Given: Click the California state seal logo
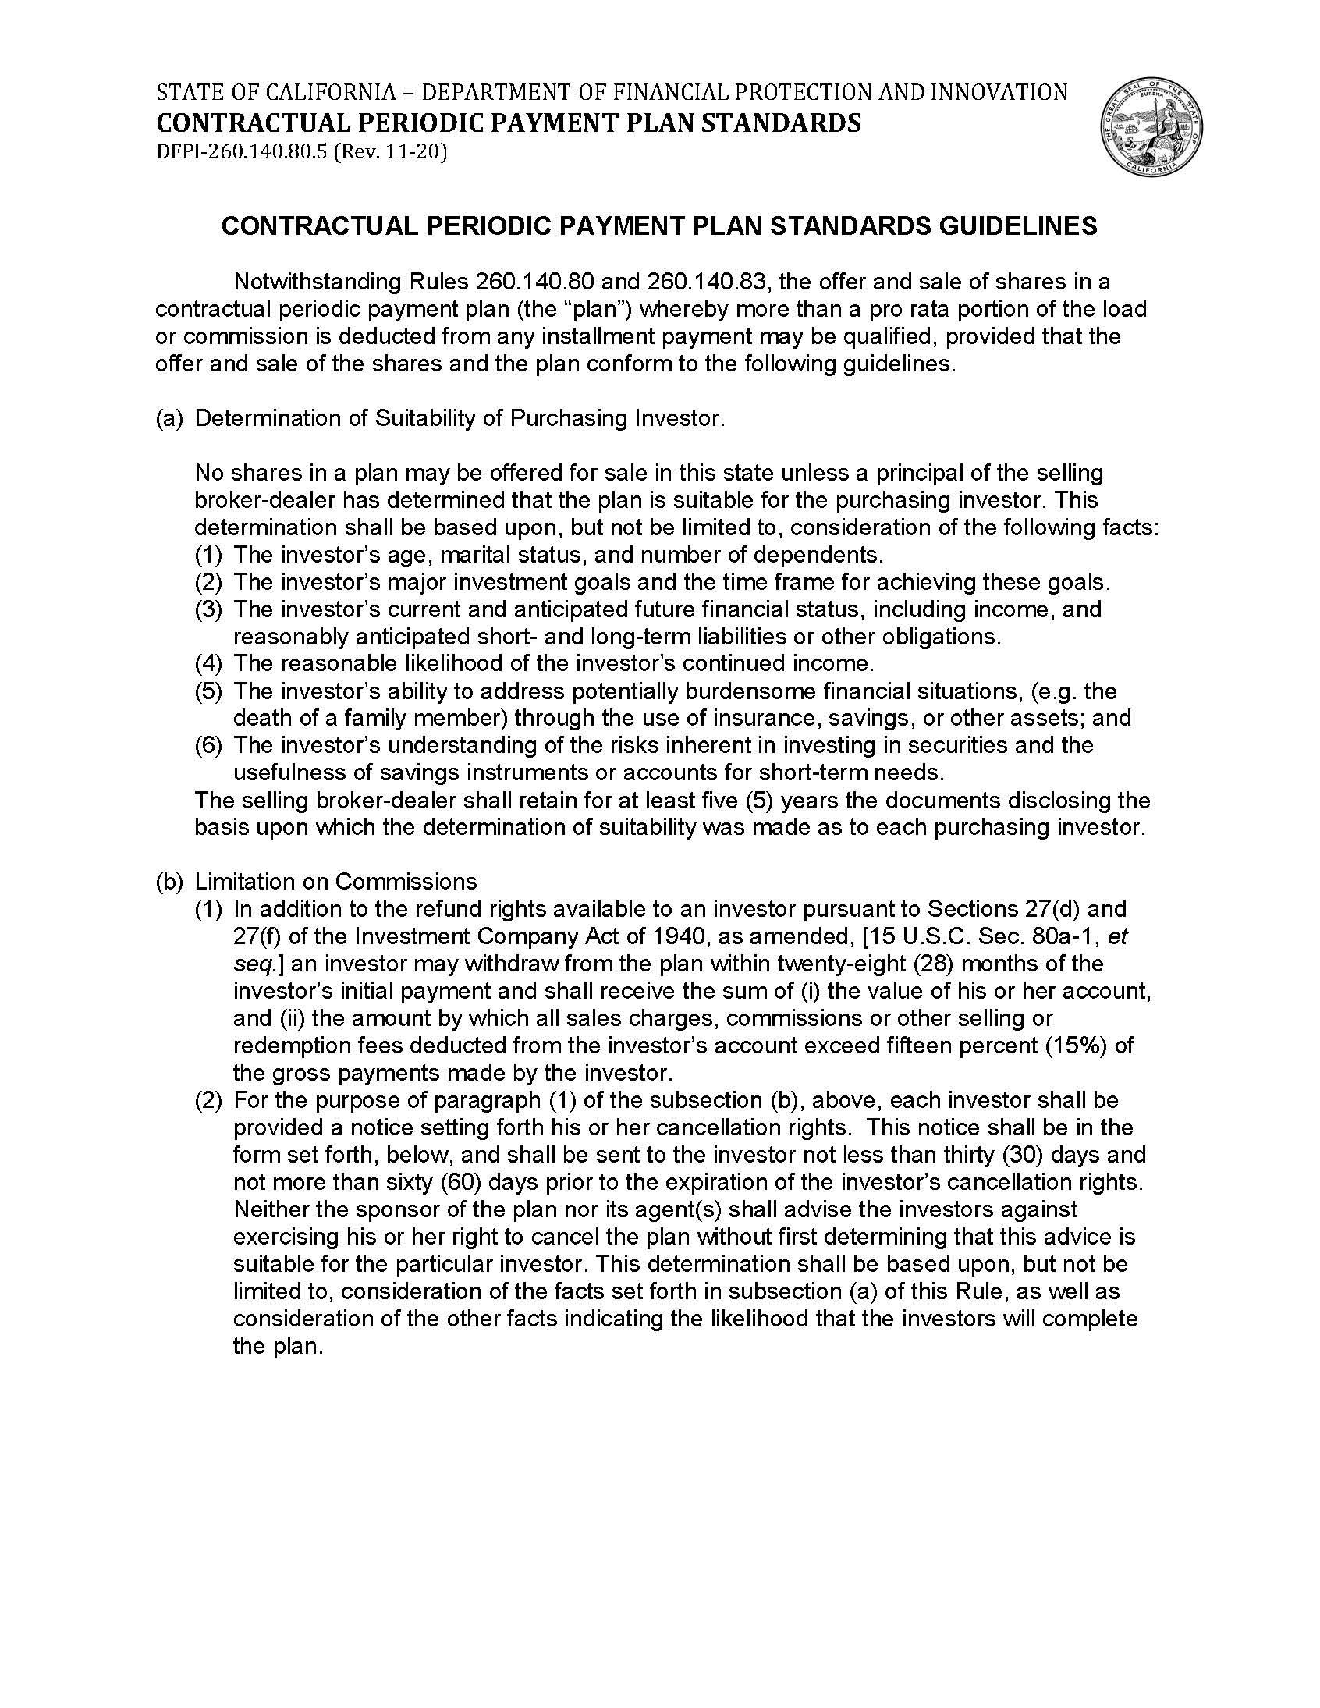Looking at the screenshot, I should click(x=1151, y=127).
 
